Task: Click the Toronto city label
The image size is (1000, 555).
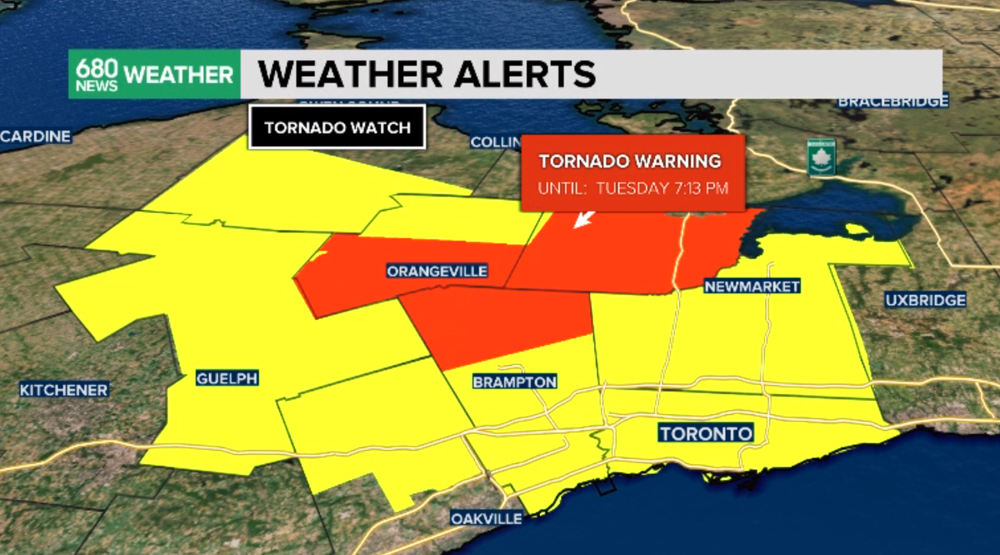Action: pyautogui.click(x=706, y=433)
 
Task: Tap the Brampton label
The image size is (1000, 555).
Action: pyautogui.click(x=514, y=382)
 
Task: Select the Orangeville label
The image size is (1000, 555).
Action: pyautogui.click(x=437, y=272)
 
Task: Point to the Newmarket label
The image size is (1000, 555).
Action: pyautogui.click(x=752, y=286)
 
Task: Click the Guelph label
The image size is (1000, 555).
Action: pyautogui.click(x=227, y=378)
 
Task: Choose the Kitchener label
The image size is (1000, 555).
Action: pyautogui.click(x=64, y=390)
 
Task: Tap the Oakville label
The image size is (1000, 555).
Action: pyautogui.click(x=487, y=518)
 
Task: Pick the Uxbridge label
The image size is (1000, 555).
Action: pyautogui.click(x=925, y=300)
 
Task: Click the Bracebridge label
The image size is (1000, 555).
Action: pyautogui.click(x=892, y=102)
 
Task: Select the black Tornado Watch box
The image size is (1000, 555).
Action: pyautogui.click(x=337, y=127)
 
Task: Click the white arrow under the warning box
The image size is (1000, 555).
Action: pyautogui.click(x=584, y=219)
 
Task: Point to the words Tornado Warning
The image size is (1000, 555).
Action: pyautogui.click(x=629, y=161)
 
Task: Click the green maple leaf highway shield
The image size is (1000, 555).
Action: pyautogui.click(x=820, y=157)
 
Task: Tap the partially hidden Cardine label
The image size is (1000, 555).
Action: pyautogui.click(x=35, y=137)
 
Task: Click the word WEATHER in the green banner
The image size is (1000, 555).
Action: pyautogui.click(x=179, y=75)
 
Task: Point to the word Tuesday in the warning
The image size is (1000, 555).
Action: pyautogui.click(x=633, y=187)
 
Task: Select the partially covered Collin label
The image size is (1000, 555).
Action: pyautogui.click(x=496, y=142)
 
